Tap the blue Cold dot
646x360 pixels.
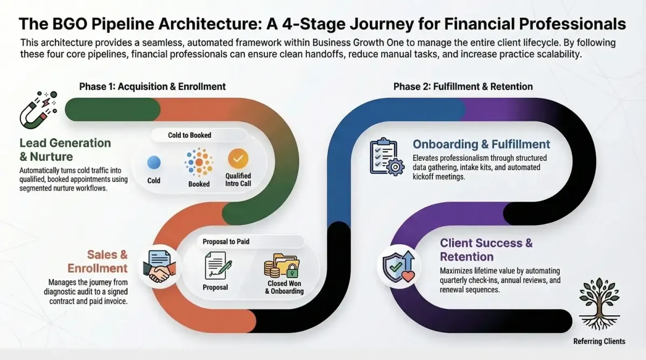[154, 163]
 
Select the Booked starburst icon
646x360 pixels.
[199, 162]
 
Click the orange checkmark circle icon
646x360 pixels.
[238, 158]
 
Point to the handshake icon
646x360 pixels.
[160, 266]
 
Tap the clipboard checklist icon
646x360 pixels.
[386, 157]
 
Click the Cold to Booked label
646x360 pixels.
[189, 135]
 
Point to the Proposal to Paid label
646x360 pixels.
[226, 242]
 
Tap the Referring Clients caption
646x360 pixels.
[600, 341]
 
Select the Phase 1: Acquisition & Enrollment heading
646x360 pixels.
[152, 87]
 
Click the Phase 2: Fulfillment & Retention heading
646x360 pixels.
[463, 87]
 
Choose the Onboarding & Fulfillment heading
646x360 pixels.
[481, 144]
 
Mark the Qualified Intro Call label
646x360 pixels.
[238, 180]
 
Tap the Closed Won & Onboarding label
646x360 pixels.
[284, 287]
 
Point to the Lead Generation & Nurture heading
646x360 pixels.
[65, 150]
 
